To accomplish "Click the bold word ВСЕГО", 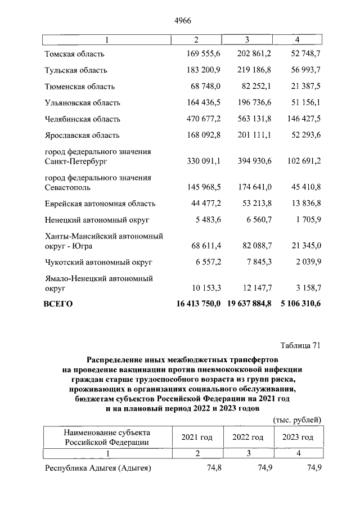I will [x=58, y=304].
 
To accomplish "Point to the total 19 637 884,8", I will [x=250, y=304].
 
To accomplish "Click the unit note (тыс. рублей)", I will [x=296, y=419].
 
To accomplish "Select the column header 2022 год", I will [x=248, y=438].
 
